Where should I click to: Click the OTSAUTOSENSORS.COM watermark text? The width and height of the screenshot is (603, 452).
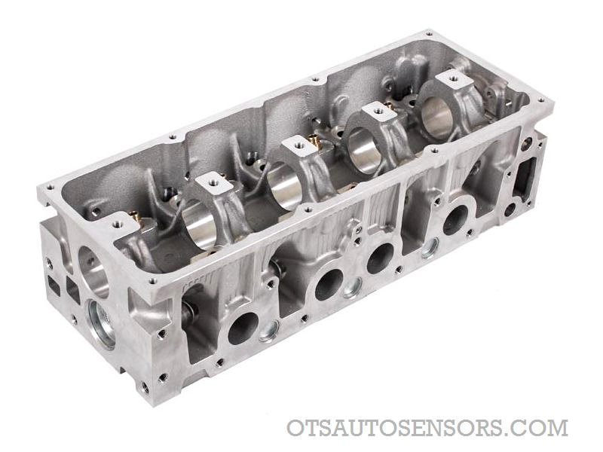click(x=427, y=428)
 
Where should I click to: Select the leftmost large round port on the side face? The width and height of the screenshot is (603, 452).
click(x=243, y=328)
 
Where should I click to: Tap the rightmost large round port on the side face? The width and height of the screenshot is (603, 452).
click(x=455, y=219)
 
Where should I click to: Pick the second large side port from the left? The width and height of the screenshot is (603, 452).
click(x=329, y=285)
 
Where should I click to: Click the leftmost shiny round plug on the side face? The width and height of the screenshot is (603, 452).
click(x=269, y=331)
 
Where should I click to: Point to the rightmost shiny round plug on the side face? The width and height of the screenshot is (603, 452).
click(x=430, y=249)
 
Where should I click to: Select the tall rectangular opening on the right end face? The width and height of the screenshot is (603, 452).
click(x=525, y=178)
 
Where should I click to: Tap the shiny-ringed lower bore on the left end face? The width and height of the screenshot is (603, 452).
click(x=102, y=324)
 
